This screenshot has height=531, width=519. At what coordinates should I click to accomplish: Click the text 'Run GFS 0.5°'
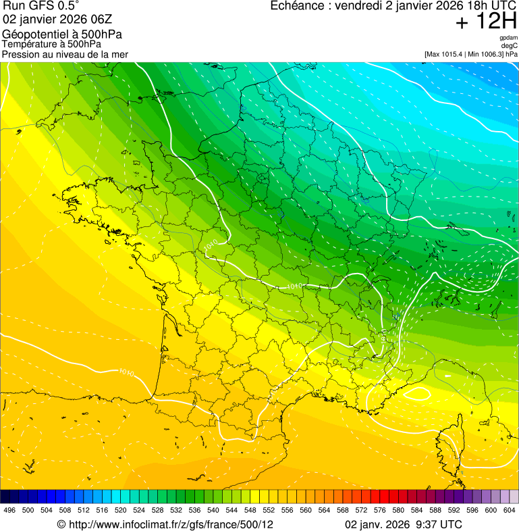(40, 7)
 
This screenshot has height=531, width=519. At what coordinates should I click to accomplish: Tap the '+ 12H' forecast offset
(486, 22)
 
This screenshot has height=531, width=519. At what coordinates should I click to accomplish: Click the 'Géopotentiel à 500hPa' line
(63, 34)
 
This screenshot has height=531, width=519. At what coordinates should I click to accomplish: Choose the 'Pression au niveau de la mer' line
(65, 54)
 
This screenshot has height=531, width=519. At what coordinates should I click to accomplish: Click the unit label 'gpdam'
(508, 38)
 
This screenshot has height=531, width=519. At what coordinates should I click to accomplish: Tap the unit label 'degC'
(510, 46)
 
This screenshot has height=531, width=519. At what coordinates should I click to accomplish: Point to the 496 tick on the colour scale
(9, 510)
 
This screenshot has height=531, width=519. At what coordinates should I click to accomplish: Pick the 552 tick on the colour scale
(267, 510)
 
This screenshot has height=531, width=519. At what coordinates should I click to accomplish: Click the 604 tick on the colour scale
(509, 510)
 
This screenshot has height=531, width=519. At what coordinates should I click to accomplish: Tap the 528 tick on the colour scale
(157, 510)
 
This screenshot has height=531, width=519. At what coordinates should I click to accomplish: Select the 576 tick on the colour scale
(380, 510)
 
